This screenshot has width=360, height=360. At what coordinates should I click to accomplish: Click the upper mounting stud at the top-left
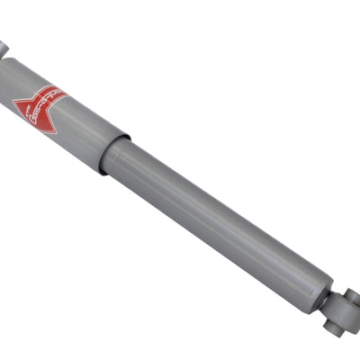[x=4, y=47]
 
